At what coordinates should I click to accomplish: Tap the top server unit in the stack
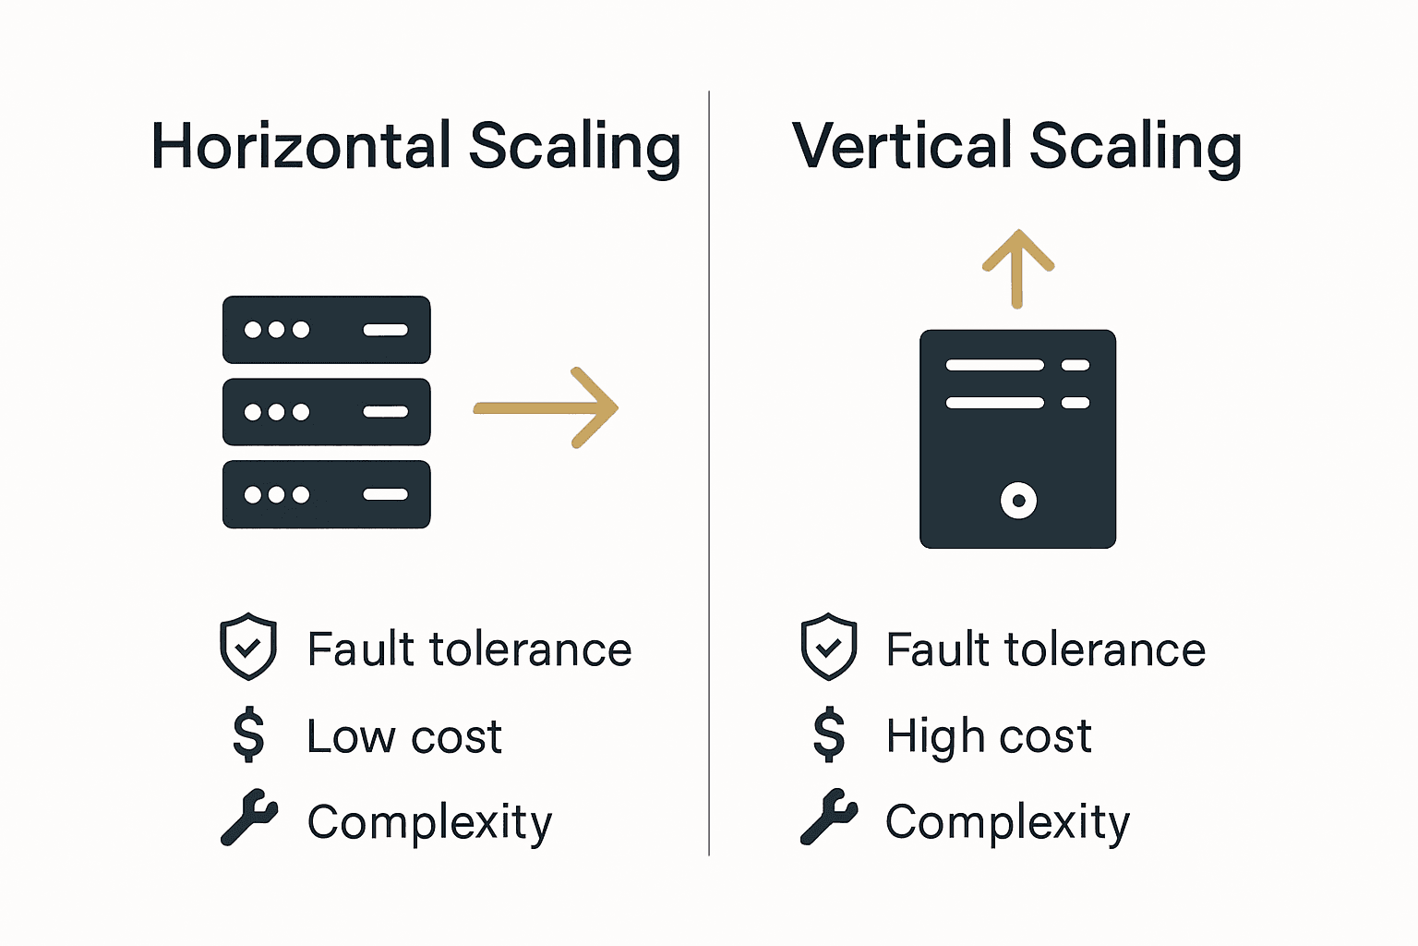[x=326, y=330]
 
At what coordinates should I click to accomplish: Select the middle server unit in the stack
[x=326, y=412]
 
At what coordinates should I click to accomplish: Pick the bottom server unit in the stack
[x=326, y=494]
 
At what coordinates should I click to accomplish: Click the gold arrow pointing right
[x=547, y=407]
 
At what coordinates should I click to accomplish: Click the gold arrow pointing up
[x=1017, y=268]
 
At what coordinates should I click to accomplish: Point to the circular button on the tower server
[x=1018, y=501]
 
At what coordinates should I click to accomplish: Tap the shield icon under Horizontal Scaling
[x=247, y=647]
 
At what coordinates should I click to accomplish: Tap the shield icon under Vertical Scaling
[x=828, y=647]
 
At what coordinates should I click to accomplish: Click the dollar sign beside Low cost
[x=248, y=734]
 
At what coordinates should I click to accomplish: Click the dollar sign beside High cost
[x=828, y=734]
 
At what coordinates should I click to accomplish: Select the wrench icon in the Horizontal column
[x=248, y=818]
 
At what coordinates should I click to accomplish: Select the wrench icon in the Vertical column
[x=828, y=818]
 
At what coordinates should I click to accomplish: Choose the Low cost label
[x=403, y=737]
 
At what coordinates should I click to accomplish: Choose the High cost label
[x=988, y=737]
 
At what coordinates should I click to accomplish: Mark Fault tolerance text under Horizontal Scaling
[x=469, y=649]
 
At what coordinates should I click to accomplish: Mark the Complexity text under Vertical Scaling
[x=1006, y=822]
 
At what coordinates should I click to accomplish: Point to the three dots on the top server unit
[x=276, y=330]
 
